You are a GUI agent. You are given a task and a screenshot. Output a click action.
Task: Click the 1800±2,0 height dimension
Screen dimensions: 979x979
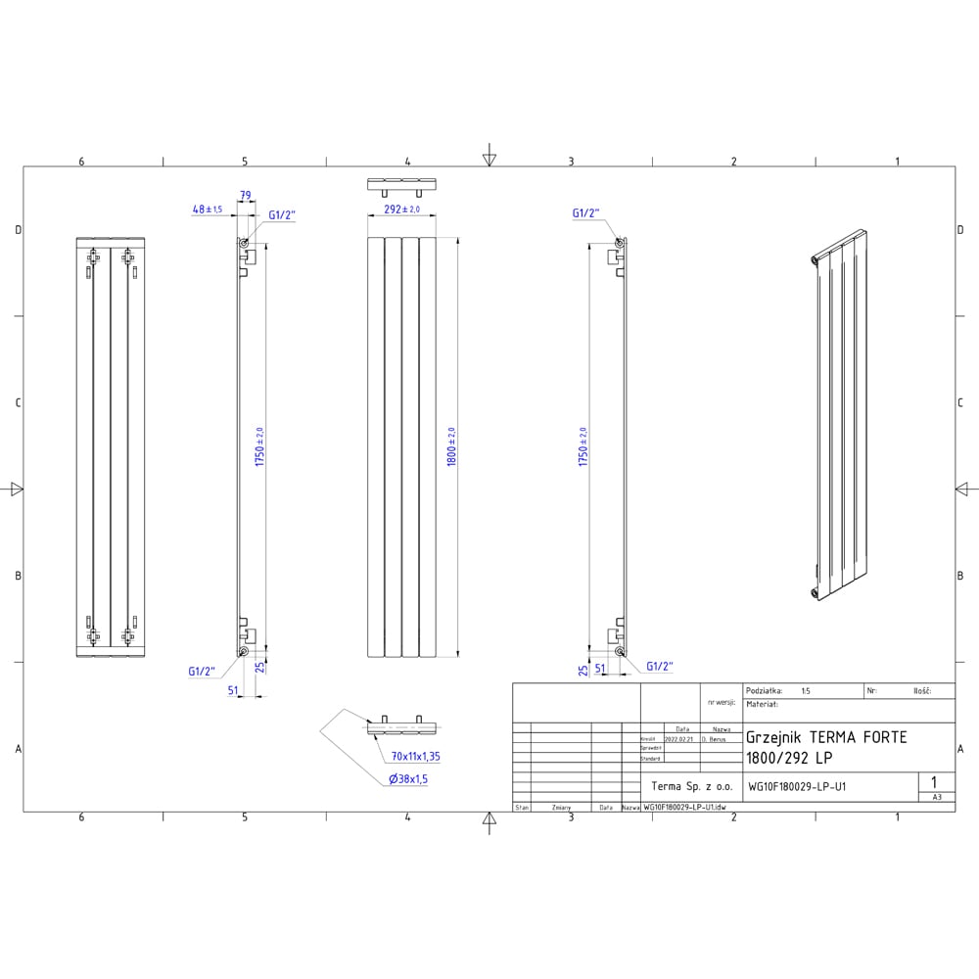pos(451,446)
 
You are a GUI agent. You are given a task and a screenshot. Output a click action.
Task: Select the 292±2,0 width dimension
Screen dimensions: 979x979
pos(401,210)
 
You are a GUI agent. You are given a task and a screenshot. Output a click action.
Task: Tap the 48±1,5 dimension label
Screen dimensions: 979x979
pos(208,210)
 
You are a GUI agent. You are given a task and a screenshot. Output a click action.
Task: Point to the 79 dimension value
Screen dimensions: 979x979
pos(246,196)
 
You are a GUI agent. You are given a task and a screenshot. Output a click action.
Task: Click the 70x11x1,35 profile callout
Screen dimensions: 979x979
pos(416,756)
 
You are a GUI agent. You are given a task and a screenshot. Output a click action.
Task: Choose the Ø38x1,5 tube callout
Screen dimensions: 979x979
pos(408,779)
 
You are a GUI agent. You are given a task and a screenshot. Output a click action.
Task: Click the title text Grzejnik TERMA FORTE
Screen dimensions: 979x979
pos(826,737)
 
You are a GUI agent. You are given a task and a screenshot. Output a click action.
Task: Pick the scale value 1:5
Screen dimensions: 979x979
pos(805,690)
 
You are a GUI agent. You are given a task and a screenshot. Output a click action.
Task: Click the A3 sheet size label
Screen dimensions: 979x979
pos(936,797)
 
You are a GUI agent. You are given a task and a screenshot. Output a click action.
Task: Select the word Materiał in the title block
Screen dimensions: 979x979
pos(762,703)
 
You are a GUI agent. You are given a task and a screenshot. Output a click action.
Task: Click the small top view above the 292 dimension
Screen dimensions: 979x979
pos(401,185)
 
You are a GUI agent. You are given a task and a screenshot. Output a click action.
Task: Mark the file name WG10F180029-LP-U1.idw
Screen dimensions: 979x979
pos(684,807)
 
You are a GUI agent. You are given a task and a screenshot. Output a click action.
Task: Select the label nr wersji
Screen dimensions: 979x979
pos(720,703)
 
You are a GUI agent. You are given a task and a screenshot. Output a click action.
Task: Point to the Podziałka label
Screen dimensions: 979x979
pos(765,690)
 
